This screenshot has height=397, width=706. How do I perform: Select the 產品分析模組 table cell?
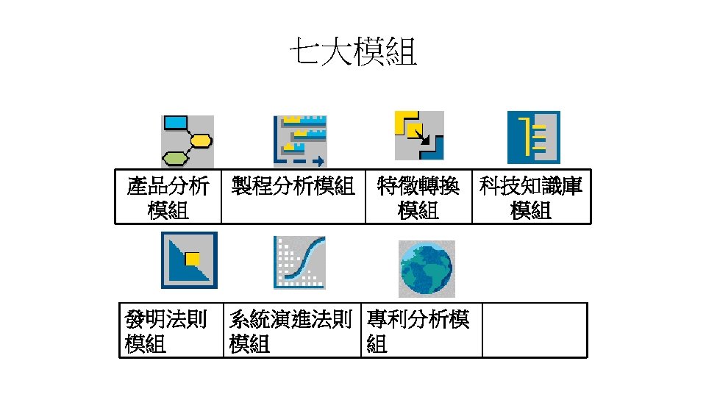pos(168,198)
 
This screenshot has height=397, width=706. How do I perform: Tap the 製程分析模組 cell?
pos(293,197)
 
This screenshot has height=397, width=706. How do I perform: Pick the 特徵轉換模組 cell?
pos(418,198)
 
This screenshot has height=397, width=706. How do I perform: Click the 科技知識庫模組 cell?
pos(531,198)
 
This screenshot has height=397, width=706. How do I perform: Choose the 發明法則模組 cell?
pos(171,330)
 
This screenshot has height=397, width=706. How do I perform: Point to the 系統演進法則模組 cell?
pos(292,330)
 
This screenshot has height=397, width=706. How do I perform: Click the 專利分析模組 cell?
pos(421,330)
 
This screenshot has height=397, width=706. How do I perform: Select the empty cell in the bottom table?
pos(535,330)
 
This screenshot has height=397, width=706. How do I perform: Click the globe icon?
pos(427,268)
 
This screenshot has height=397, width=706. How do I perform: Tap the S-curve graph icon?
pos(299,262)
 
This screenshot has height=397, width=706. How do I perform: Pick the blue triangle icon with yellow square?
pos(189,261)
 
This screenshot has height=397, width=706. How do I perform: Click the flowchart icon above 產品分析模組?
pos(188,141)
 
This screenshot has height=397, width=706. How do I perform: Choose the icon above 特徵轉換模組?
pos(419,135)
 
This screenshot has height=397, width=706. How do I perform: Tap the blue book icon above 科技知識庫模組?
pos(534,137)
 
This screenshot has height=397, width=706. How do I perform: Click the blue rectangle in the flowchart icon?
pos(175,123)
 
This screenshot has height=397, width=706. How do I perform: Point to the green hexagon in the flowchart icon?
pos(174,157)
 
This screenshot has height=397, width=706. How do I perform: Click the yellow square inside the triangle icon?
pos(193,258)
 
